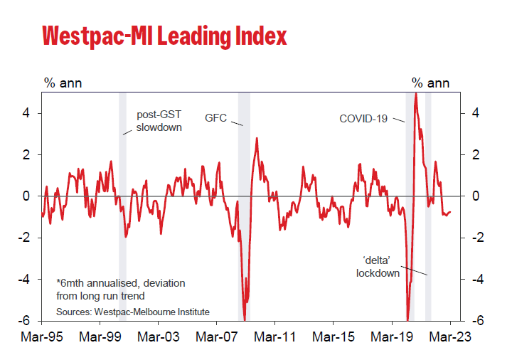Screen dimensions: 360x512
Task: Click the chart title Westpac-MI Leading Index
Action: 164,36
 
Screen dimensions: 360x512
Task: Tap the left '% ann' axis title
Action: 63,83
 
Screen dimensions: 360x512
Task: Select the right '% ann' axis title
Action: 431,83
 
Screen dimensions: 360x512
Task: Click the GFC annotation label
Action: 215,117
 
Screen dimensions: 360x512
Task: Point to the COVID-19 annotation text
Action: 363,118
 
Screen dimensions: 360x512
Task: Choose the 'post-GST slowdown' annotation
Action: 159,121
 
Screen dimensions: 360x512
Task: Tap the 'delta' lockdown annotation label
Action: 378,266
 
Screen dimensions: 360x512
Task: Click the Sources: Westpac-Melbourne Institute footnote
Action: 138,312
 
